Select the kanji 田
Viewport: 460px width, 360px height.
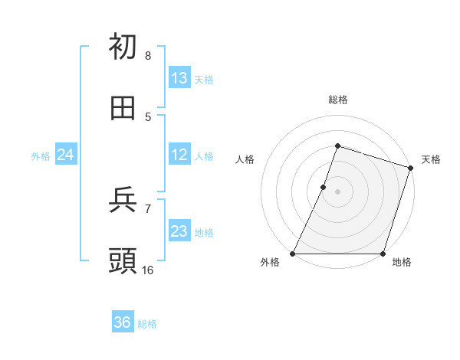point(123,108)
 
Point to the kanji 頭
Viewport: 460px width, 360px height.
point(123,261)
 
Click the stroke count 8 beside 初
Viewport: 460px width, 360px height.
point(147,56)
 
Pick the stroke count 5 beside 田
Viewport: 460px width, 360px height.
point(147,116)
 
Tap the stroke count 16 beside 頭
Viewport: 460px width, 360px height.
point(147,270)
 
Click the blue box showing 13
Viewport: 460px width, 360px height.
point(179,78)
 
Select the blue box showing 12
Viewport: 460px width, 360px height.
point(179,155)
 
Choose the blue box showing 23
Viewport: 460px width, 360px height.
point(179,231)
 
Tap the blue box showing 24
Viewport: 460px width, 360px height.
point(65,155)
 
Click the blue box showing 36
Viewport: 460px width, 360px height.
point(123,322)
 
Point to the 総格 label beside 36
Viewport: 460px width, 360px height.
point(147,324)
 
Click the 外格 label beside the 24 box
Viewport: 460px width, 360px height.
point(41,156)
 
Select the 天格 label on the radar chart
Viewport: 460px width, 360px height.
point(431,159)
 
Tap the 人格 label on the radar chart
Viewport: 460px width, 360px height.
point(245,159)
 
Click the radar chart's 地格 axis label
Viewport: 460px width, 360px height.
point(402,263)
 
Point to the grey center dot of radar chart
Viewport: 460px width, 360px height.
point(337,191)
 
